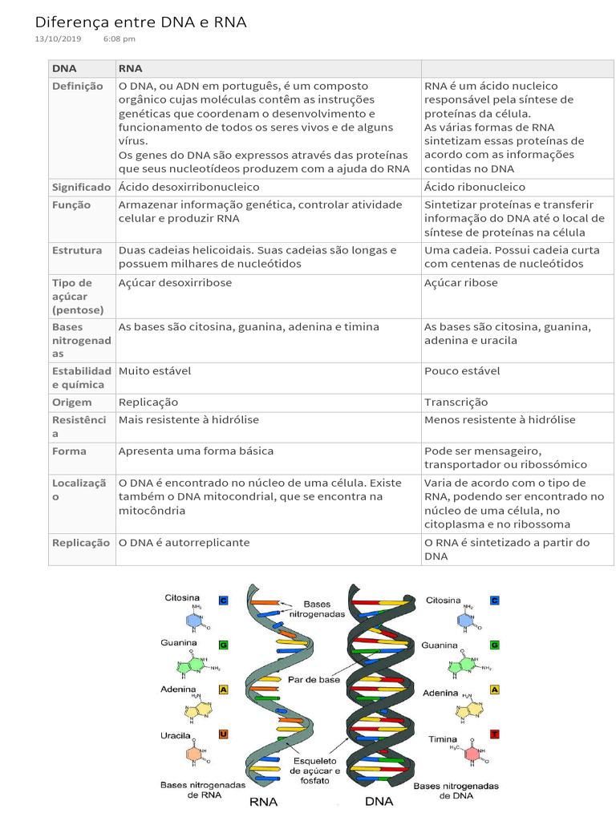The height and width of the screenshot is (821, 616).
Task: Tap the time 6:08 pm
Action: pos(120,38)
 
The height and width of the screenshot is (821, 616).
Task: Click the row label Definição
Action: pos(77,87)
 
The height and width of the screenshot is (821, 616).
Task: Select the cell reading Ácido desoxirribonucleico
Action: pos(188,187)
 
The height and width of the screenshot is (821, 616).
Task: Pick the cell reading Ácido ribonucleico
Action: pos(474,187)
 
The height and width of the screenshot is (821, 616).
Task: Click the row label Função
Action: pos(71,205)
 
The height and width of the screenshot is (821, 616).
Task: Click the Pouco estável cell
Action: pos(461,371)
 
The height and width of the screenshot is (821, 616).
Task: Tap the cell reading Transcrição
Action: pos(456,402)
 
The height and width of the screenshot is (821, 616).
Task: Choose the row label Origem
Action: pos(72,402)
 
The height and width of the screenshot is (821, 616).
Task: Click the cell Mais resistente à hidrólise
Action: pos(188,420)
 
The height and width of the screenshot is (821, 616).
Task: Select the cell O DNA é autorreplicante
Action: pos(184,543)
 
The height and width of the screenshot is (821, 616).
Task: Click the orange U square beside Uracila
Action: pos(224,734)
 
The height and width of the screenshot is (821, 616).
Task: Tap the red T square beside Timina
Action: pos(494,734)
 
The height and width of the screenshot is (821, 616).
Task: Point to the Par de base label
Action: pos(314,680)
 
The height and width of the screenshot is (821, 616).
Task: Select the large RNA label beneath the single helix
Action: pos(264,802)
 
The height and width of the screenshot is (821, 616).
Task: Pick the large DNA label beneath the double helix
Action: pos(379,802)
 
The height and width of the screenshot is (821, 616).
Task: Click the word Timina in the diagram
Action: pos(443,739)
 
